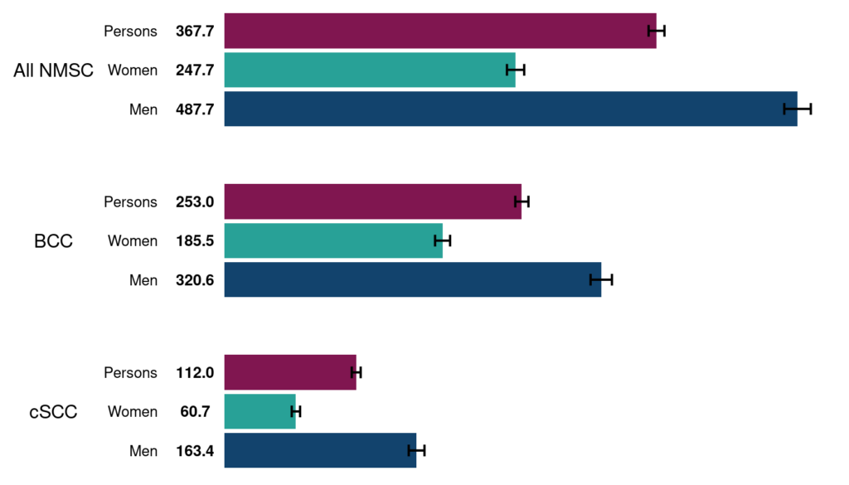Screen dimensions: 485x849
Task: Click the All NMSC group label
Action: pyautogui.click(x=53, y=71)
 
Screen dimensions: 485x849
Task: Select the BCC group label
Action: pyautogui.click(x=53, y=241)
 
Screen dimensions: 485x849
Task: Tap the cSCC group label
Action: pyautogui.click(x=53, y=412)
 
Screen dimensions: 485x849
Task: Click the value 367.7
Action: pyautogui.click(x=195, y=32)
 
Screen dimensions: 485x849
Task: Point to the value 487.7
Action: pyautogui.click(x=195, y=109)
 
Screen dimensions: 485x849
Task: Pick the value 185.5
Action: pyautogui.click(x=195, y=241)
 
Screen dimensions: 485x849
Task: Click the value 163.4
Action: pyautogui.click(x=195, y=451)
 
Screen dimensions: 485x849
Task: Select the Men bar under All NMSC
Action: pyautogui.click(x=510, y=109)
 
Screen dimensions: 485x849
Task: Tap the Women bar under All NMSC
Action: pyautogui.click(x=369, y=70)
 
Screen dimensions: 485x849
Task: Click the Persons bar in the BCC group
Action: pyautogui.click(x=372, y=201)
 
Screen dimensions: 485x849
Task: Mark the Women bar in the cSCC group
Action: pyautogui.click(x=260, y=411)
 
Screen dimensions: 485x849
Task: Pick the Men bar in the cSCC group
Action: pyautogui.click(x=320, y=450)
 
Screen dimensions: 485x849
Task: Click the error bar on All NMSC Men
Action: pyautogui.click(x=798, y=109)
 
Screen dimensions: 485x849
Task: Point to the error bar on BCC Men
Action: pyautogui.click(x=601, y=279)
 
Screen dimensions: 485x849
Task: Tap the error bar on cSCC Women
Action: pyautogui.click(x=296, y=411)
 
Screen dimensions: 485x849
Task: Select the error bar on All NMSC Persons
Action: pyautogui.click(x=657, y=31)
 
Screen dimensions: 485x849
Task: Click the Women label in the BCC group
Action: pyautogui.click(x=133, y=241)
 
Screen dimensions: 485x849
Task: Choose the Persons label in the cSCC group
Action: pyautogui.click(x=130, y=373)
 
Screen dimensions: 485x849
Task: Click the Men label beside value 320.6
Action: pyautogui.click(x=143, y=280)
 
